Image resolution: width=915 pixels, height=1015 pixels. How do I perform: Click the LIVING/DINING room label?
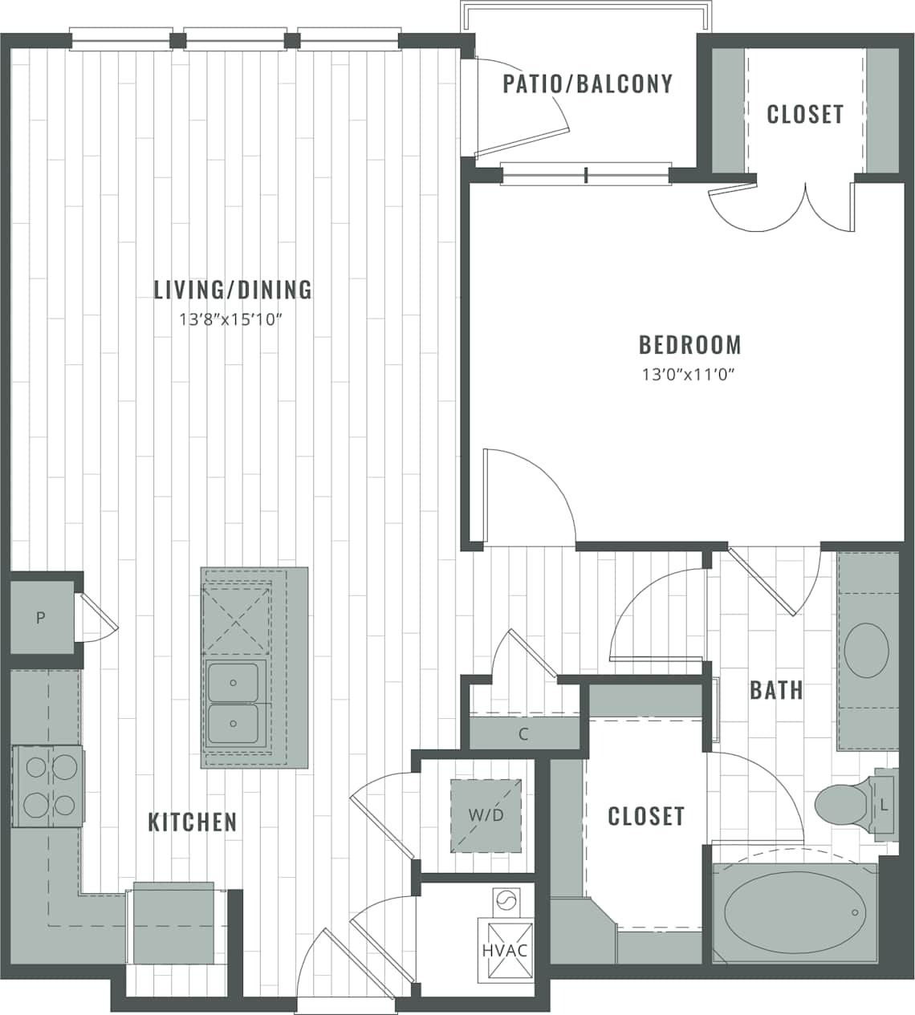233,289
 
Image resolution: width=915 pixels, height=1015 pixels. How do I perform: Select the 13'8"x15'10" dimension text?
233,319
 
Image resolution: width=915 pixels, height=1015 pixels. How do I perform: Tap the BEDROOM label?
689,345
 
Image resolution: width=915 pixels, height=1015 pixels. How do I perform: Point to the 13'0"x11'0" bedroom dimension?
689,374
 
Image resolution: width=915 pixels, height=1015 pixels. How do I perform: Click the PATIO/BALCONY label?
588,83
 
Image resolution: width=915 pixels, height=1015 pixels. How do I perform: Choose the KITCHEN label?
193,822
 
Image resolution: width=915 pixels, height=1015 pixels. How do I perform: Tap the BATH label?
776,689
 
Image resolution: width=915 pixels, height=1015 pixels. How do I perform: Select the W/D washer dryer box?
486,815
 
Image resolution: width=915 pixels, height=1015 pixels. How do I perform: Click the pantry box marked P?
40,618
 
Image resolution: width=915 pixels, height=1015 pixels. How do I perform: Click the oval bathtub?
795,913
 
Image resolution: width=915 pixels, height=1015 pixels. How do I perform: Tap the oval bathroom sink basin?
866,650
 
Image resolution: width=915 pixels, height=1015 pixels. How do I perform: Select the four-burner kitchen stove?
47,786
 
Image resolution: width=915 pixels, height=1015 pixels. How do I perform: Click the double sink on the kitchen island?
234,704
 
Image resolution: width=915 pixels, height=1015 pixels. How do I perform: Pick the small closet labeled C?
523,733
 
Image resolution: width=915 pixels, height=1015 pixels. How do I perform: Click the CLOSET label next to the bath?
646,816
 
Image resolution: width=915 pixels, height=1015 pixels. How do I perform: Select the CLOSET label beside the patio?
805,114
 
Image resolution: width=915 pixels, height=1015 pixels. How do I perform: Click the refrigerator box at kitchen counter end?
173,923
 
